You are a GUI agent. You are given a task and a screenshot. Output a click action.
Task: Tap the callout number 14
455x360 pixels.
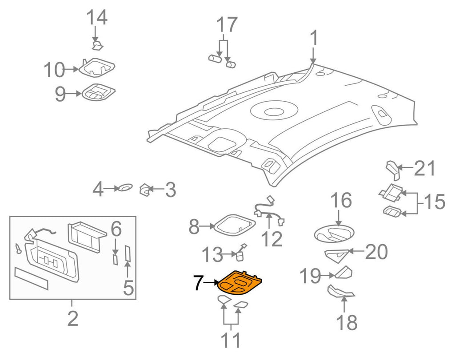pyautogui.click(x=96, y=18)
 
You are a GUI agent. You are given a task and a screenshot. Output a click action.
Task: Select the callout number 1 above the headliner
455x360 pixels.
pyautogui.click(x=314, y=39)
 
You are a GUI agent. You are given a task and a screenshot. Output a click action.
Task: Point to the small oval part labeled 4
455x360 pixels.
pyautogui.click(x=125, y=187)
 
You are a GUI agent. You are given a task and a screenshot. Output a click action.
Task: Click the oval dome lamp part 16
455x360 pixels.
pyautogui.click(x=335, y=233)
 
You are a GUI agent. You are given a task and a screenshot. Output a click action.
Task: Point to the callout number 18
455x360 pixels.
pyautogui.click(x=347, y=323)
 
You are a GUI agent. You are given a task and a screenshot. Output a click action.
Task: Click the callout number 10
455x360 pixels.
pyautogui.click(x=54, y=70)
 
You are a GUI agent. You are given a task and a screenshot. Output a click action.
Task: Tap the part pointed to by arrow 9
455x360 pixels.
pyautogui.click(x=97, y=92)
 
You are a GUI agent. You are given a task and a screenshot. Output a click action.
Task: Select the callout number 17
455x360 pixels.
pyautogui.click(x=226, y=25)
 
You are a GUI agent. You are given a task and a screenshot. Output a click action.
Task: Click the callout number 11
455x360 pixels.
pyautogui.click(x=231, y=340)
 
